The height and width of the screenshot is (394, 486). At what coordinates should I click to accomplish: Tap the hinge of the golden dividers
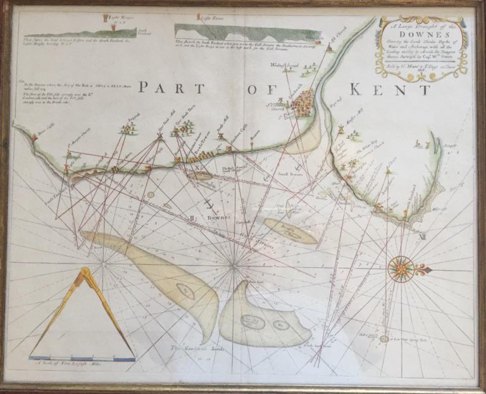(84, 274)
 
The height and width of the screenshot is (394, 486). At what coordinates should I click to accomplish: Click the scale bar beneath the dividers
(82, 359)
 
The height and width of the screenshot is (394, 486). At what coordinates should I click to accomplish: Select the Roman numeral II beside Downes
(192, 217)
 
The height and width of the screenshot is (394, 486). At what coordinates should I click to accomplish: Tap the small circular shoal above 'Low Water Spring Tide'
(384, 339)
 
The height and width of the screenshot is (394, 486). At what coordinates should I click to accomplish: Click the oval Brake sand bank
(290, 232)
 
